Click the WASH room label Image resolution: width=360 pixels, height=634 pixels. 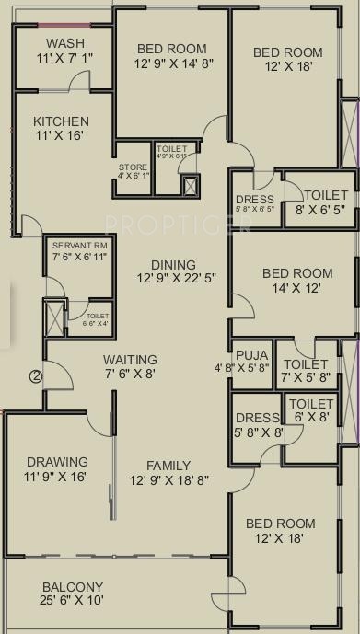click(64, 43)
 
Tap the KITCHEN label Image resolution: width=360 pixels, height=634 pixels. click(61, 121)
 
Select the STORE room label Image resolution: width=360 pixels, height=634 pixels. click(133, 167)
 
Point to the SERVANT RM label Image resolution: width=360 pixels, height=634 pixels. click(80, 246)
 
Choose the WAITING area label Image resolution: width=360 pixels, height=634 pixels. click(130, 359)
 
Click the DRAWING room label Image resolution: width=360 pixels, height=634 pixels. click(57, 461)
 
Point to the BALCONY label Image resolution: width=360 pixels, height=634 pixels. click(73, 587)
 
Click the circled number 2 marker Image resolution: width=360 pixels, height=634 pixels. click(35, 375)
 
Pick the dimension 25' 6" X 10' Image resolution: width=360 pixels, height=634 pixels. click(73, 601)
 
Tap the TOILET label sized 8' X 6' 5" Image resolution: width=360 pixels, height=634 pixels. click(327, 194)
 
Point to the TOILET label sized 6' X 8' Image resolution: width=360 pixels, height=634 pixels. click(310, 403)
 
